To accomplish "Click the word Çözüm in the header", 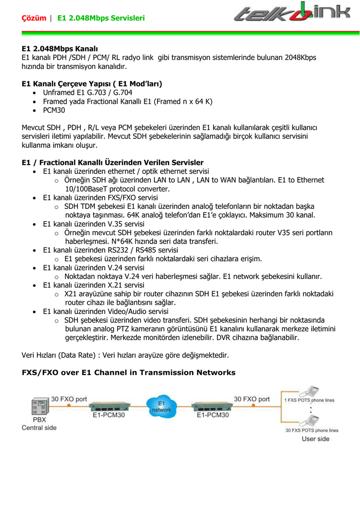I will tap(34, 18).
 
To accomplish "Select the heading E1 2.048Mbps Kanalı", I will tap(60, 49).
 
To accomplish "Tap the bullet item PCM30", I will tap(54, 110).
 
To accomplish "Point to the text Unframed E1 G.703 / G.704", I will tap(87, 92).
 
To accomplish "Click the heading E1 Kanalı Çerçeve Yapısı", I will tap(92, 83).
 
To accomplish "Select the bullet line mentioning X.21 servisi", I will tap(94, 285).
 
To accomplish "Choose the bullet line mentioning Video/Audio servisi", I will tap(106, 311).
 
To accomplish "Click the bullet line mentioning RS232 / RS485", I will tap(110, 250).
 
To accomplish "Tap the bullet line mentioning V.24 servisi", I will tap(94, 267).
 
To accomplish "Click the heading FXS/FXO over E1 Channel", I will tap(129, 372).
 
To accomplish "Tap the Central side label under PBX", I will tap(39, 428).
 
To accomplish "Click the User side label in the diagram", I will tap(315, 439).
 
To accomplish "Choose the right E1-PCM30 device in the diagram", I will tap(213, 406).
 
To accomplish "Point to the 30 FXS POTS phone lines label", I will tap(311, 430).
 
